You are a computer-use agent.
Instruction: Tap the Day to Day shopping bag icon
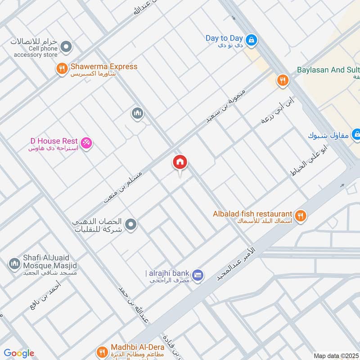(x=252, y=40)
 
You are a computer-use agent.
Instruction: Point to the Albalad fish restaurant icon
(x=301, y=216)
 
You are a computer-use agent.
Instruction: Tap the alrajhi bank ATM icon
(x=197, y=274)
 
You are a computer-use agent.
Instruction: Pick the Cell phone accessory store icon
(x=67, y=46)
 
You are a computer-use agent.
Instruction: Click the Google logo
(x=19, y=353)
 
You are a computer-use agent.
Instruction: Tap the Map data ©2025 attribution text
(x=335, y=355)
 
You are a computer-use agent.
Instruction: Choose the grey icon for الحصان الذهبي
(x=131, y=224)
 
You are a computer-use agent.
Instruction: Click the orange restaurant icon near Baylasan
(x=282, y=81)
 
